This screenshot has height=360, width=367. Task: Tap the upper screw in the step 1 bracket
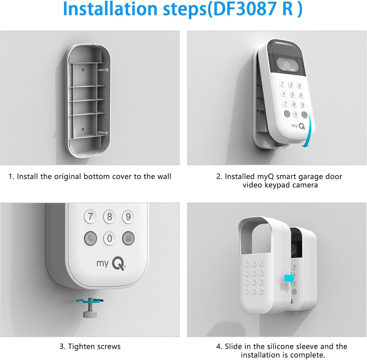[103, 70]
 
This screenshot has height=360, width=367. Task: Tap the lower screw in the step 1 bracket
[103, 133]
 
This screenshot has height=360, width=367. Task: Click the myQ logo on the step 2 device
[299, 126]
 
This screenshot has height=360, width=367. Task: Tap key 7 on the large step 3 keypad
[90, 217]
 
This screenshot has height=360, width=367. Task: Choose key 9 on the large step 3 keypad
[128, 217]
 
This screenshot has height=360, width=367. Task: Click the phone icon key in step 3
[91, 238]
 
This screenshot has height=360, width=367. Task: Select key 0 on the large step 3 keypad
[110, 238]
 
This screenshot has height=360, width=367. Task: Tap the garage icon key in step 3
[128, 238]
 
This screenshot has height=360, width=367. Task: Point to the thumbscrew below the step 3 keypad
[90, 308]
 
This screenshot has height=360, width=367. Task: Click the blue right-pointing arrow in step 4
[290, 278]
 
